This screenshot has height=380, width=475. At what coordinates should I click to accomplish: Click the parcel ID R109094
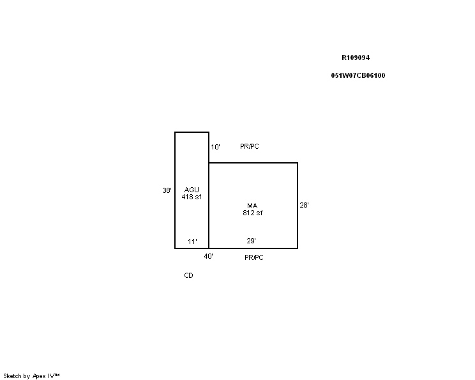pyautogui.click(x=356, y=57)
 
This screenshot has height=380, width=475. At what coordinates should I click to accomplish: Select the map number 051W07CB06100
pyautogui.click(x=358, y=75)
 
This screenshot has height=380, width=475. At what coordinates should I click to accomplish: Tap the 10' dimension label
pyautogui.click(x=215, y=147)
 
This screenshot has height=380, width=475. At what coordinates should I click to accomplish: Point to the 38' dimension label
pyautogui.click(x=167, y=190)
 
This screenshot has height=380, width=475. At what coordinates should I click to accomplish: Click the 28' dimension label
pyautogui.click(x=304, y=205)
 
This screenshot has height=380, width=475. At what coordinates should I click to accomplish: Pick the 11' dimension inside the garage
pyautogui.click(x=192, y=241)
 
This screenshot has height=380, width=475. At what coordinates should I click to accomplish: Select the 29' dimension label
pyautogui.click(x=251, y=241)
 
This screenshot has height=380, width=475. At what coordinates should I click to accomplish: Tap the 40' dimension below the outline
pyautogui.click(x=208, y=256)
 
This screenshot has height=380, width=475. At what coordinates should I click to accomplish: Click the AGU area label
pyautogui.click(x=192, y=190)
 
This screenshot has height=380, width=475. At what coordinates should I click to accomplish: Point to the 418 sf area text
pyautogui.click(x=192, y=197)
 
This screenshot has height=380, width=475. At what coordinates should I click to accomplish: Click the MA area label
pyautogui.click(x=252, y=206)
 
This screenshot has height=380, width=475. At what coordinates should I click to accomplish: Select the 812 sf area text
pyautogui.click(x=253, y=213)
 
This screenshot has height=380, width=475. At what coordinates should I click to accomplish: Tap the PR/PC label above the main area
pyautogui.click(x=250, y=146)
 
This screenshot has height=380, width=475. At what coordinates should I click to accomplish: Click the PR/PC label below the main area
pyautogui.click(x=254, y=257)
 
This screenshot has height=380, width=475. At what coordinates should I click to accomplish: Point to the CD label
pyautogui.click(x=189, y=275)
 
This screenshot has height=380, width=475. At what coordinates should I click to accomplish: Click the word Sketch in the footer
pyautogui.click(x=12, y=376)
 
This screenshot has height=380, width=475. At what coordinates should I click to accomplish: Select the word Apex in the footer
pyautogui.click(x=39, y=376)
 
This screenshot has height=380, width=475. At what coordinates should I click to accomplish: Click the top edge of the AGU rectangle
pyautogui.click(x=192, y=132)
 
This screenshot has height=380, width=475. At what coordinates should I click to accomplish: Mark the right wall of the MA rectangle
pyautogui.click(x=298, y=206)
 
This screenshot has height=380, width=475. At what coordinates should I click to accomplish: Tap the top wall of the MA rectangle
pyautogui.click(x=253, y=163)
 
